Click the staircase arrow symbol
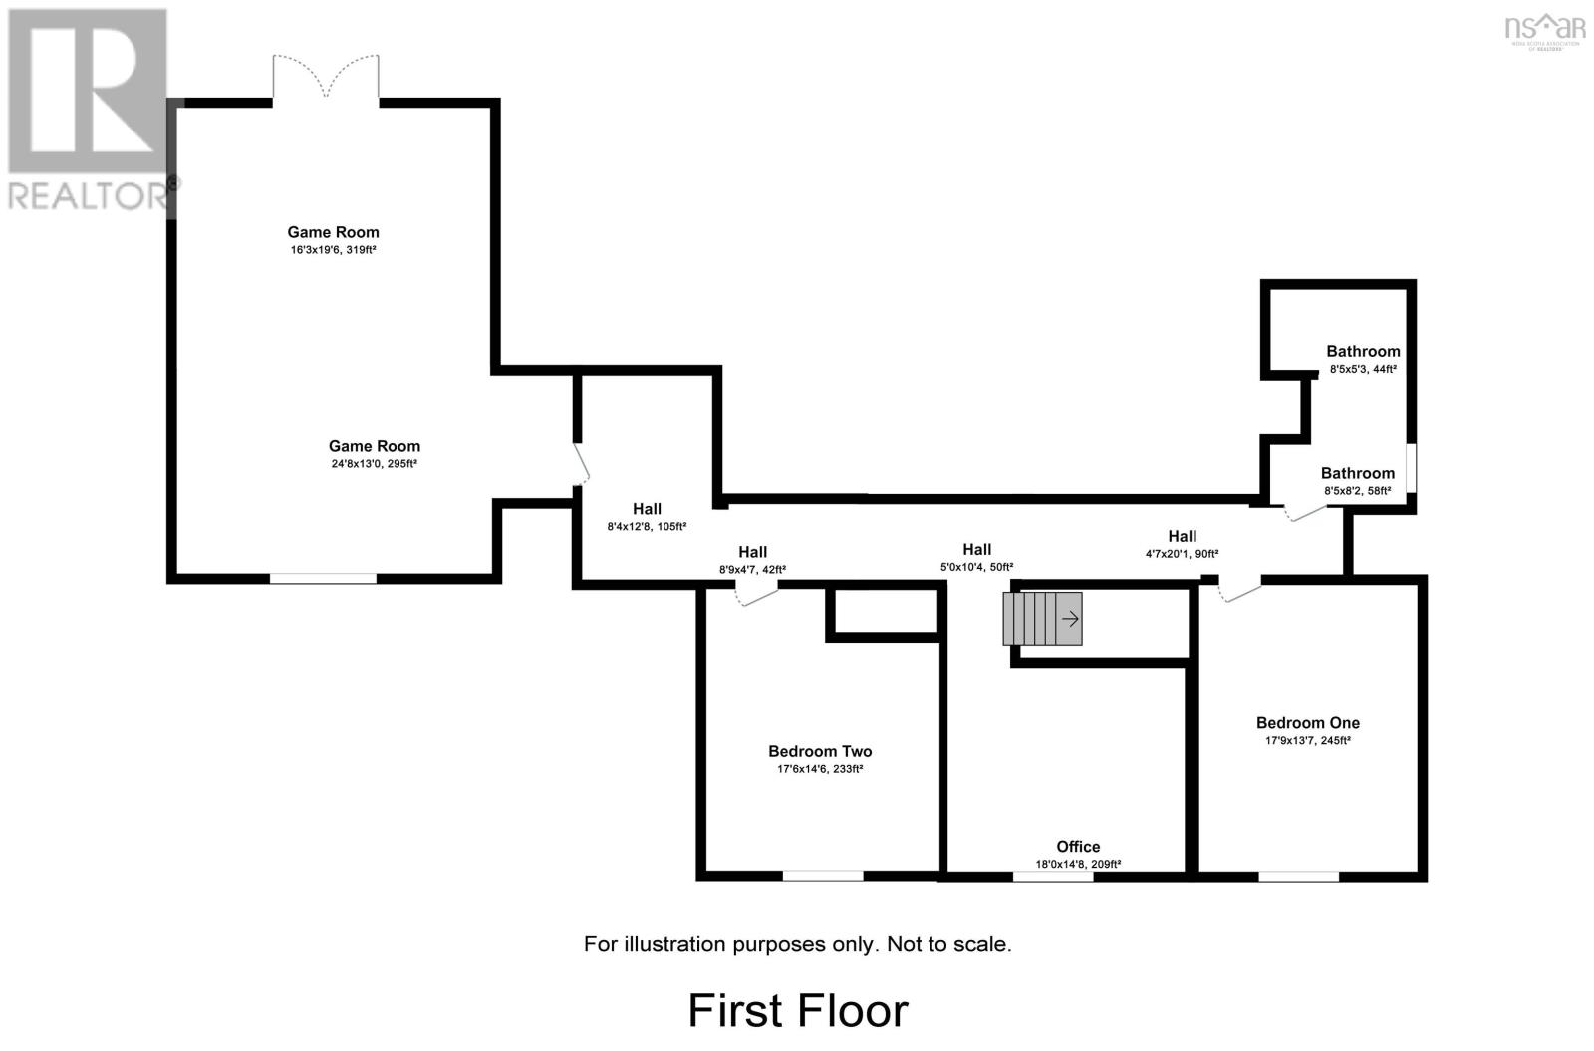tap(1071, 619)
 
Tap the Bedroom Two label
tap(820, 752)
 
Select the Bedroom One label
tap(1307, 723)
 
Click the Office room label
tap(1078, 847)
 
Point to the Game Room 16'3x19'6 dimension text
tap(333, 250)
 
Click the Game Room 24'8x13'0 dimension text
tap(375, 464)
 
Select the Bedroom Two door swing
tap(755, 595)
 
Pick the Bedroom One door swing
tap(1239, 592)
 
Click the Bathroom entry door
tap(1304, 512)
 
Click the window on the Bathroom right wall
tap(1411, 467)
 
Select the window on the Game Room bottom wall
tap(323, 578)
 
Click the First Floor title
tap(798, 1010)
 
